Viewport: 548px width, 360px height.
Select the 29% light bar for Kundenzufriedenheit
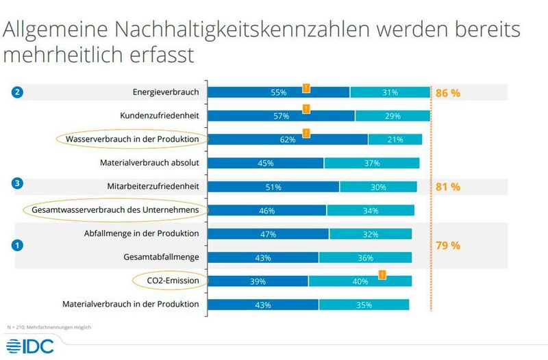tap(393, 116)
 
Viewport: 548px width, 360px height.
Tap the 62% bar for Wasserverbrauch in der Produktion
tap(288, 140)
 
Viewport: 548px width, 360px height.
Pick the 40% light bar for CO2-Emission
tap(360, 281)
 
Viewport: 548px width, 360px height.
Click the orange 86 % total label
tap(448, 92)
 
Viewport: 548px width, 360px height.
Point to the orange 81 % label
tap(448, 186)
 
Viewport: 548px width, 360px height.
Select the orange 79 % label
tap(448, 245)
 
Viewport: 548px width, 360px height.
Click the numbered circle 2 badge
tap(18, 92)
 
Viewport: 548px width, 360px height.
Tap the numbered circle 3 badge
tap(18, 183)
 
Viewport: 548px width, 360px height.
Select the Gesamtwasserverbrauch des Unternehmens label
tap(115, 210)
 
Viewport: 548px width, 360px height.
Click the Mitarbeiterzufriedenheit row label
tap(153, 186)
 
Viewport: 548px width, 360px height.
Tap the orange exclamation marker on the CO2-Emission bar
tap(382, 274)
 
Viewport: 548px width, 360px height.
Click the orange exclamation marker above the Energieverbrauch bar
tap(306, 87)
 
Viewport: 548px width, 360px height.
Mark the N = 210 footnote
tap(48, 327)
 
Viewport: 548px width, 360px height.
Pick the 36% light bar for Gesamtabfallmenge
tap(365, 257)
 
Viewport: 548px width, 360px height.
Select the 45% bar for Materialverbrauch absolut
tap(266, 163)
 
